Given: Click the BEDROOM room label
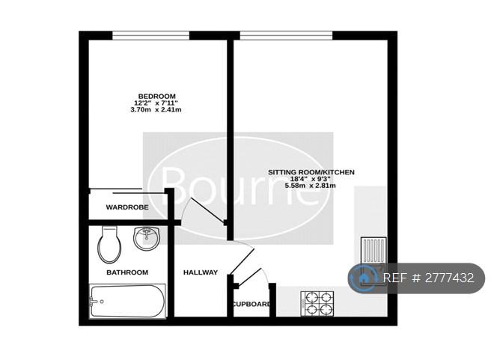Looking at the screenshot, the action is click(x=157, y=96).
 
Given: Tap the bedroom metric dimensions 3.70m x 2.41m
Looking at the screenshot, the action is click(x=156, y=110).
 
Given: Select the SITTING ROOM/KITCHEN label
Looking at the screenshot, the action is click(x=311, y=172).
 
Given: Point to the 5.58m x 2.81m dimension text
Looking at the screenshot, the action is click(x=311, y=186).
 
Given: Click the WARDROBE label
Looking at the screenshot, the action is click(x=127, y=207).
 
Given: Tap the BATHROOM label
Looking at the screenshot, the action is click(x=127, y=272).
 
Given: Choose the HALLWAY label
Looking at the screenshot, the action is click(x=201, y=272).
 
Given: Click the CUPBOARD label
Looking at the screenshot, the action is click(x=251, y=305).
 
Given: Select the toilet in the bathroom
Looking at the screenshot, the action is click(x=109, y=245).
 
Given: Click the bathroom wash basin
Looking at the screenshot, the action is click(x=147, y=238).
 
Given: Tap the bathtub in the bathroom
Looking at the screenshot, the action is click(x=127, y=301).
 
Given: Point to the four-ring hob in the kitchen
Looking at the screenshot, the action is click(x=317, y=304).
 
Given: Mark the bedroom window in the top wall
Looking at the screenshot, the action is click(x=151, y=36).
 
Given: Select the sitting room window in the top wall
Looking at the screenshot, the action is click(x=286, y=36).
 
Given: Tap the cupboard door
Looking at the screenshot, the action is click(x=250, y=278).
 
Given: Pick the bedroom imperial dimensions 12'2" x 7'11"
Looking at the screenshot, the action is click(x=156, y=103).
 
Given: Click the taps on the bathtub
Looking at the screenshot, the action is click(x=94, y=302).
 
